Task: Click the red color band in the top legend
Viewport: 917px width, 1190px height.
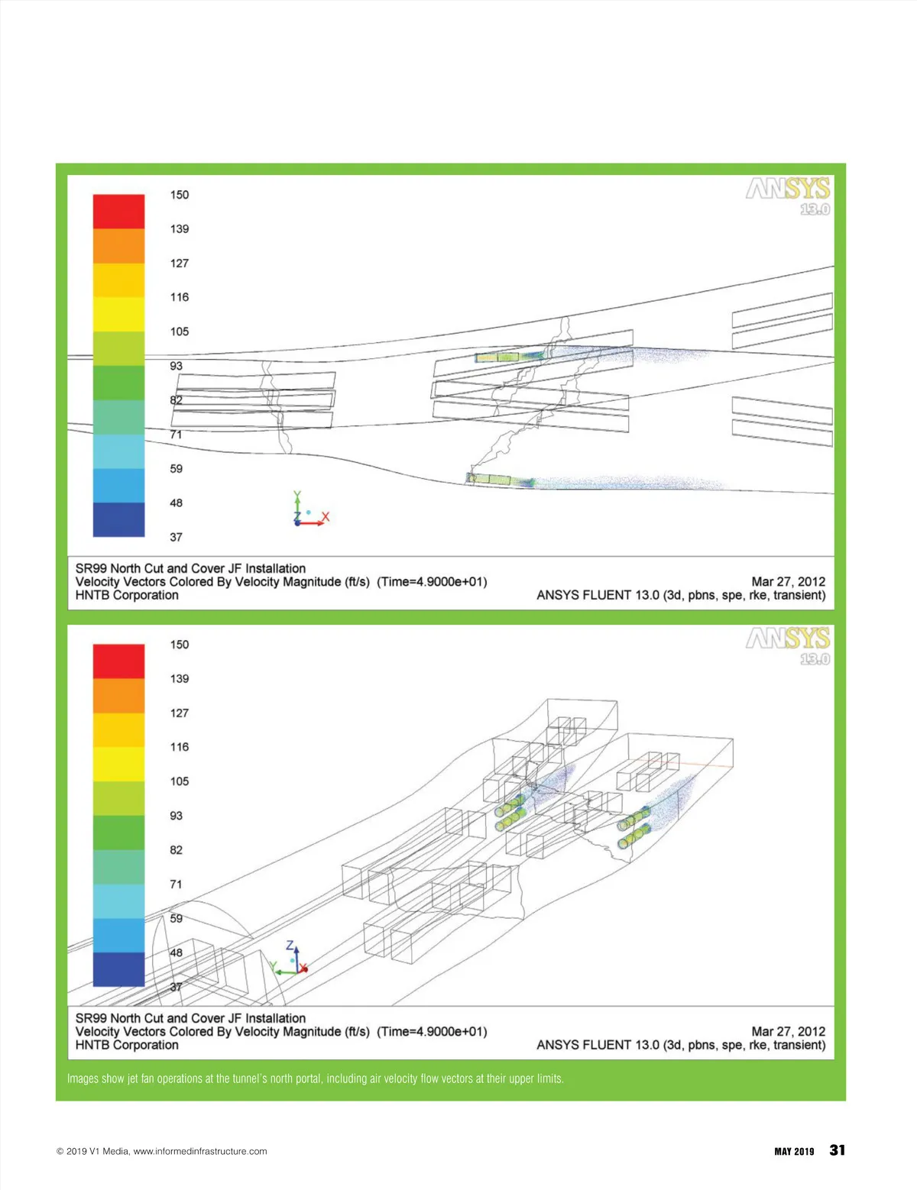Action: [x=118, y=212]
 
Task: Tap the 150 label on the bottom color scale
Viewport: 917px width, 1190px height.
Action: [x=179, y=644]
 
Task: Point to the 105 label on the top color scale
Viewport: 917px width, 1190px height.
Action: [x=179, y=331]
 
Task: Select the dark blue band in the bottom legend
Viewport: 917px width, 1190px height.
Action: [x=118, y=968]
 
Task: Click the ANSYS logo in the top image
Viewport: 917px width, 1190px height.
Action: [x=788, y=196]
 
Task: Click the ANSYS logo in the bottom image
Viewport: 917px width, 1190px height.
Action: [x=788, y=645]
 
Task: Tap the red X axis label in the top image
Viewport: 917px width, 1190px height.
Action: [x=326, y=516]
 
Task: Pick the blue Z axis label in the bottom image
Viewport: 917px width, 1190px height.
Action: [x=290, y=946]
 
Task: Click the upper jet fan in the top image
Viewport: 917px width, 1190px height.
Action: [x=510, y=357]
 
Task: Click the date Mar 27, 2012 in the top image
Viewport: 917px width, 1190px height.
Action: [x=789, y=581]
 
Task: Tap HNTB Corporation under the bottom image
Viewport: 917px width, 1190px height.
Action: [x=127, y=1045]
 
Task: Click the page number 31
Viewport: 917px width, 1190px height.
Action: [x=837, y=1150]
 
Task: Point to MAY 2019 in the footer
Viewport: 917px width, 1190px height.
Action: [x=794, y=1152]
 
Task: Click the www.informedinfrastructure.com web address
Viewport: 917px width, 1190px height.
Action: [x=200, y=1151]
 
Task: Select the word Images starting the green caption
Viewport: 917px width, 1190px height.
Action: [x=83, y=1078]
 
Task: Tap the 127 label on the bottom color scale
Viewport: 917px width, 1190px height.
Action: [x=179, y=713]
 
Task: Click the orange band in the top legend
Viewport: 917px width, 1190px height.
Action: [x=118, y=246]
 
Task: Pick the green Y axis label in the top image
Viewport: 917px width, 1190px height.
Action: [x=297, y=496]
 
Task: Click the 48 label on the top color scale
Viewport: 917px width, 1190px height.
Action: [x=176, y=503]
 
